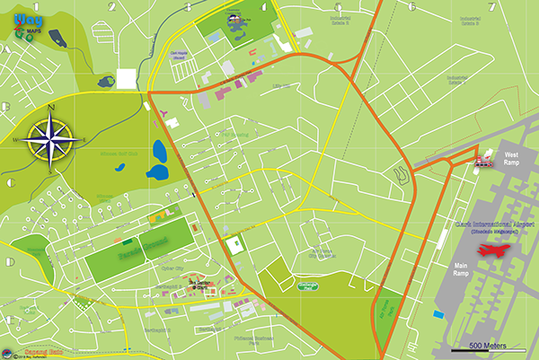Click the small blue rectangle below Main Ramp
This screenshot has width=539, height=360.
[x=437, y=314]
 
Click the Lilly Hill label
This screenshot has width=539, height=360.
[x=278, y=86]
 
